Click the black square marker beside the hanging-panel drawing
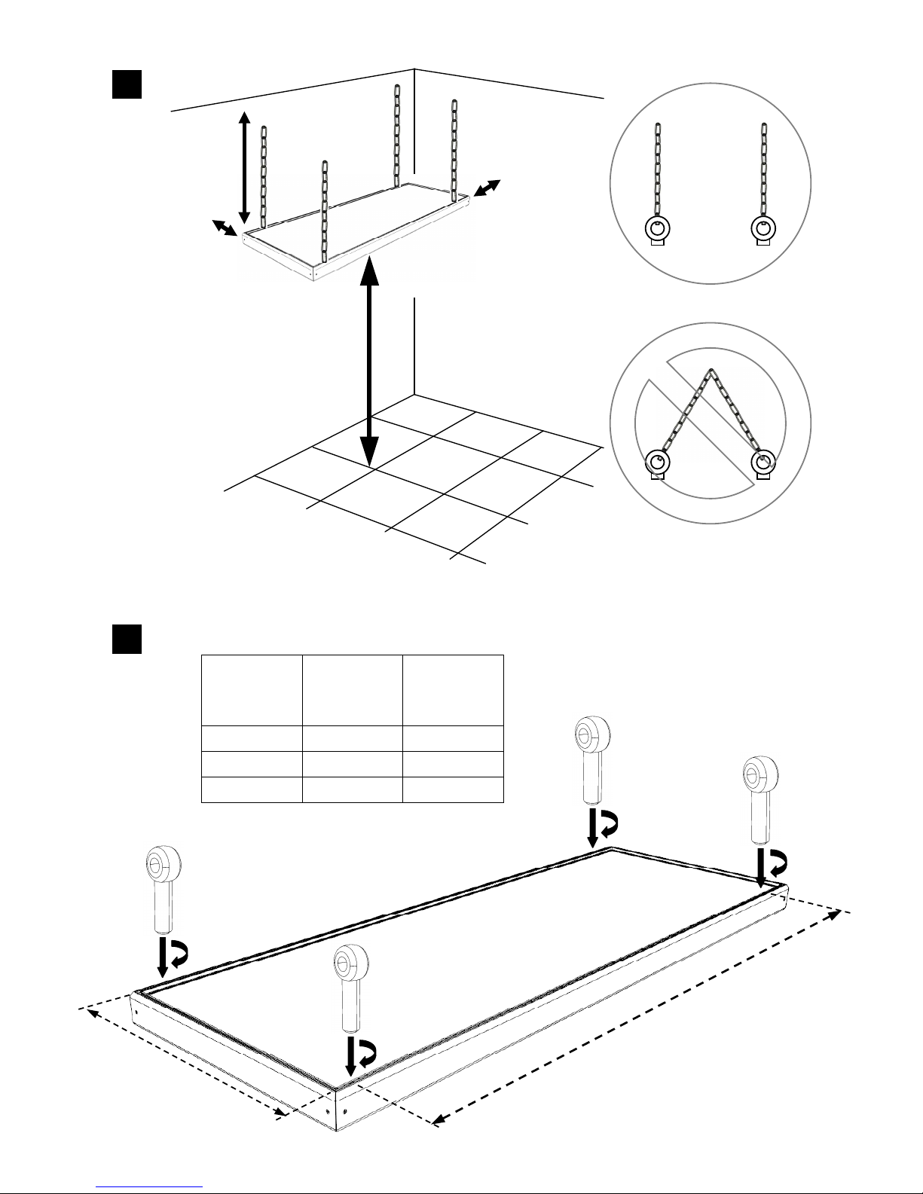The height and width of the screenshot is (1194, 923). [127, 84]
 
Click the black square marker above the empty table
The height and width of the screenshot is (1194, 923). [127, 639]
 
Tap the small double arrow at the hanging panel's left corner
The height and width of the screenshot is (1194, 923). [224, 228]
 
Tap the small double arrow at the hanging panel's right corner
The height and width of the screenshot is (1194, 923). [487, 189]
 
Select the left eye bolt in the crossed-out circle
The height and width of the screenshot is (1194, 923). [659, 461]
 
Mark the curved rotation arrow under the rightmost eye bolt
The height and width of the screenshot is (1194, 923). [776, 861]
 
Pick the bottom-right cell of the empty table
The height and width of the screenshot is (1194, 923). [453, 789]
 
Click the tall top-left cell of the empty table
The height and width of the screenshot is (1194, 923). [252, 690]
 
